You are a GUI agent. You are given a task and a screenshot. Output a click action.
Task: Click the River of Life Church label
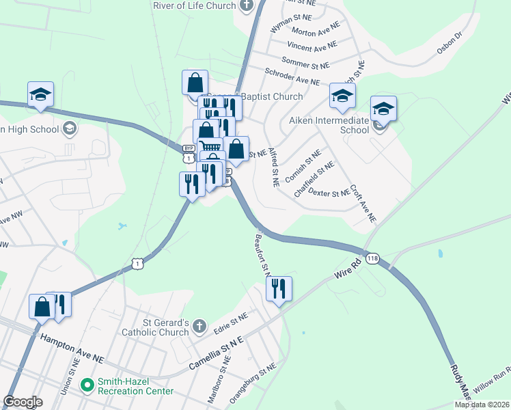tap(194, 5)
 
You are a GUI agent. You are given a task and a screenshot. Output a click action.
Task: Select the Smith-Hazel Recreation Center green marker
tap(87, 385)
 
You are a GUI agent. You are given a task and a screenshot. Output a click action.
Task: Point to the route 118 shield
tap(372, 259)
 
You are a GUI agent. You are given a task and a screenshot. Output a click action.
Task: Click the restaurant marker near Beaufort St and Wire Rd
tap(279, 290)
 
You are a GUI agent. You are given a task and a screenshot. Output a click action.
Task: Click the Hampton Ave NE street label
tap(71, 348)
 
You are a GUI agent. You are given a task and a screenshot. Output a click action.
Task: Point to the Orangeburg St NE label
tap(253, 383)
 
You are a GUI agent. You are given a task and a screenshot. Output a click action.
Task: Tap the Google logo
tap(23, 402)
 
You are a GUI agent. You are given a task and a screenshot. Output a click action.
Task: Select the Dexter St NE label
tap(329, 193)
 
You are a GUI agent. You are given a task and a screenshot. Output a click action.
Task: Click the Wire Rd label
tap(347, 268)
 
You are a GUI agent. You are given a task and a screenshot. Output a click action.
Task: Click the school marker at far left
tap(40, 95)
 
